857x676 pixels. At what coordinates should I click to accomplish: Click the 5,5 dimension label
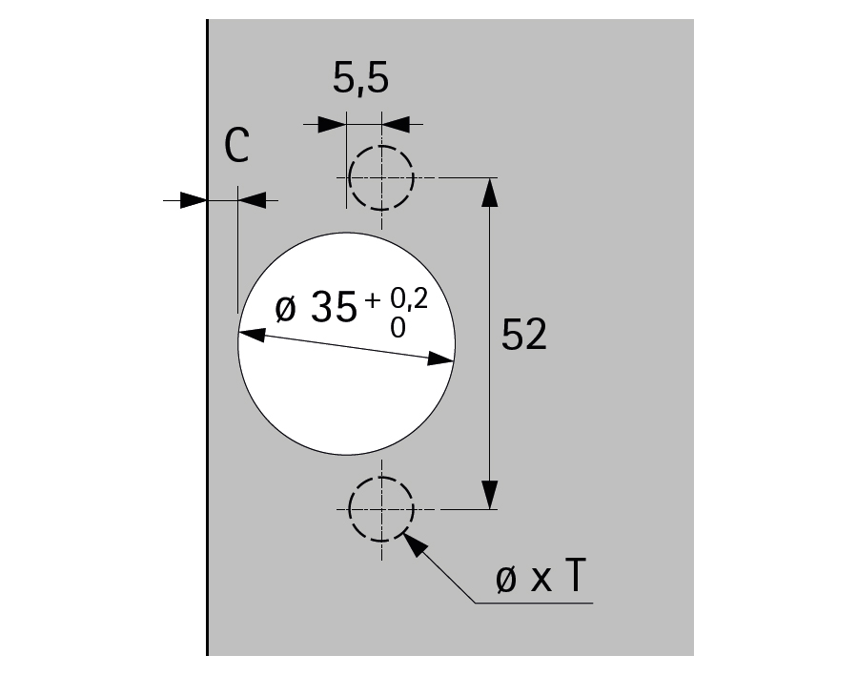(360, 79)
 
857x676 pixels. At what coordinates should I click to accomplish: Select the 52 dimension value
(523, 334)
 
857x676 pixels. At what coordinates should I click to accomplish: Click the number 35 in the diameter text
(334, 307)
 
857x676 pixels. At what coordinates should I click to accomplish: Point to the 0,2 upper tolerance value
(409, 299)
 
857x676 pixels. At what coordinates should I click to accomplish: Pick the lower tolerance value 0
(398, 328)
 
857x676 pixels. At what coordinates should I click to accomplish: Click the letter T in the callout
(575, 576)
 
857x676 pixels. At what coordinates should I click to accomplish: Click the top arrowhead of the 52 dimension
(490, 192)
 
